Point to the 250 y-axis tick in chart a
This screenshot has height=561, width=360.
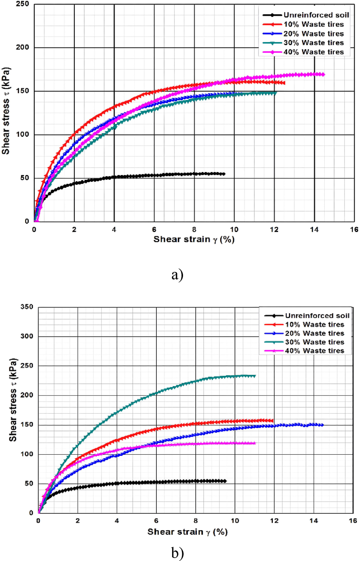[23, 4]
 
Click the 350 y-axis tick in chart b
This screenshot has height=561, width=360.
[27, 307]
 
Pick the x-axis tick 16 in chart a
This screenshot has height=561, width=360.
[354, 229]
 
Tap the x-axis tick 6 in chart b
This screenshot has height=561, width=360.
[156, 521]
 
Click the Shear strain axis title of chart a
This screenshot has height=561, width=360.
[194, 240]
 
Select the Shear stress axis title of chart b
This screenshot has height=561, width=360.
[13, 400]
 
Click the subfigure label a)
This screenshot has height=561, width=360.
[177, 274]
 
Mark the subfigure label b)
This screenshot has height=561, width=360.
[177, 553]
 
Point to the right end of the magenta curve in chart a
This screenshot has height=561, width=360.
[323, 74]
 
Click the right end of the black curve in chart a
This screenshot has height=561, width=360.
[224, 174]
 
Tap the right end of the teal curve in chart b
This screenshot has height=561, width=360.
[255, 376]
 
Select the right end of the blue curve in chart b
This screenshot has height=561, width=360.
[322, 425]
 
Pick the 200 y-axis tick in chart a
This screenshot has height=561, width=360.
[23, 47]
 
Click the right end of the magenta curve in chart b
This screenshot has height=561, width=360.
[255, 443]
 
